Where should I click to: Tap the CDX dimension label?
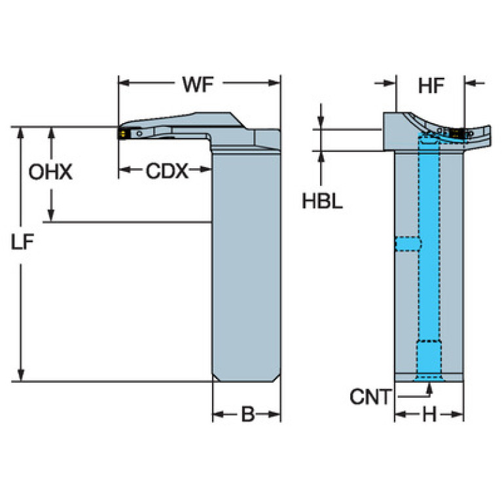pyautogui.click(x=166, y=171)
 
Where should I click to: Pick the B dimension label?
pyautogui.click(x=247, y=415)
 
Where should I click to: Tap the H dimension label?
pyautogui.click(x=429, y=415)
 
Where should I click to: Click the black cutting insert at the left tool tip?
pyautogui.click(x=122, y=133)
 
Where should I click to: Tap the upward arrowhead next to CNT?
pyautogui.click(x=429, y=388)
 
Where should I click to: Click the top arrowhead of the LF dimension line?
pyautogui.click(x=22, y=131)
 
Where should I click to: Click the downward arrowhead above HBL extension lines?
pyautogui.click(x=321, y=124)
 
